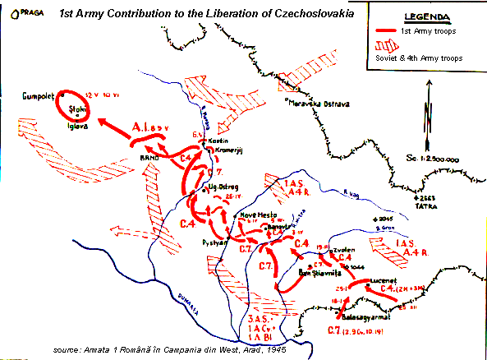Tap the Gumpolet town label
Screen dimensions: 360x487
coord(39,95)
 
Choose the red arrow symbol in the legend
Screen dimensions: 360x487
coord(385,30)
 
